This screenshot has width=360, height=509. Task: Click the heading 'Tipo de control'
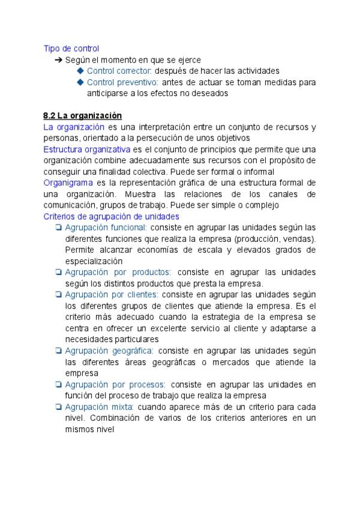point(71,48)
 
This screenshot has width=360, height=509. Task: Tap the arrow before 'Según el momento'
point(58,60)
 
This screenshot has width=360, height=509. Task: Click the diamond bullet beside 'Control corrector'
point(80,71)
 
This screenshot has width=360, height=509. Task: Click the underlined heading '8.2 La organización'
point(82,115)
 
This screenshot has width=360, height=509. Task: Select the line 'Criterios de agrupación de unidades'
point(111,216)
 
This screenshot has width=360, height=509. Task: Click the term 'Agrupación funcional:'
point(106,227)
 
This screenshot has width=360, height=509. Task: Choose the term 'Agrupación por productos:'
point(118,272)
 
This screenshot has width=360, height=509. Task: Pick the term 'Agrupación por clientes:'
point(112,294)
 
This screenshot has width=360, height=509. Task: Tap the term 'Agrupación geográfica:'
point(109,351)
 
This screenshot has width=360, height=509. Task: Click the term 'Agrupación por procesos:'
point(115,384)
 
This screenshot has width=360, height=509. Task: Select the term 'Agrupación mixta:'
point(99,407)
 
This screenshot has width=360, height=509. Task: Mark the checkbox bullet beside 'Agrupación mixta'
point(58,407)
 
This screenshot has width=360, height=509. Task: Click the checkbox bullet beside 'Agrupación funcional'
point(58,227)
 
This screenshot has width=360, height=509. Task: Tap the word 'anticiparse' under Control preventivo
point(108,93)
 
